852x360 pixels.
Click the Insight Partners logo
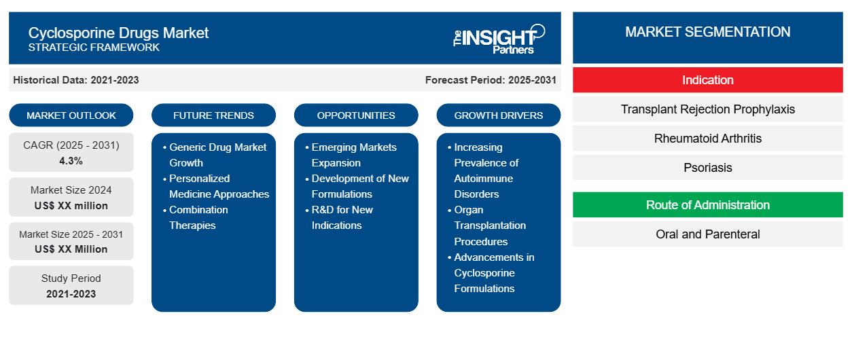point(499,39)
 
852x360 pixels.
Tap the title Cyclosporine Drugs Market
point(118,33)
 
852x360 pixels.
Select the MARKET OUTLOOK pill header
point(71,115)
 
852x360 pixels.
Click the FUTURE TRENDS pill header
point(213,115)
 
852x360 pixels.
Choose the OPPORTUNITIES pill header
point(356,115)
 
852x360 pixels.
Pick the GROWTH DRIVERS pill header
point(498,115)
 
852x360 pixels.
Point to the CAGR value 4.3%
point(71,161)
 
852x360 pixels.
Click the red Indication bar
point(707,80)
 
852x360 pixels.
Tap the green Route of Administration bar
point(707,205)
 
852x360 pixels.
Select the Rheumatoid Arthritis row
point(707,139)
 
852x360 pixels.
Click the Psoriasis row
point(707,168)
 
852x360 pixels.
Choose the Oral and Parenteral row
point(707,234)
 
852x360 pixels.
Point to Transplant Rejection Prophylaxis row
point(707,109)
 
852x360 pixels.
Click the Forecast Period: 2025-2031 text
point(491,80)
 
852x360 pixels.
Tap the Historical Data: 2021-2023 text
point(76,80)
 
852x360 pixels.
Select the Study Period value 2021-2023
point(71,294)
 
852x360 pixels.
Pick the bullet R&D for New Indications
point(339,217)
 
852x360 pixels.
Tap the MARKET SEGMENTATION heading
point(707,32)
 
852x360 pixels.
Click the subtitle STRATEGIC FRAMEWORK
point(94,48)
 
